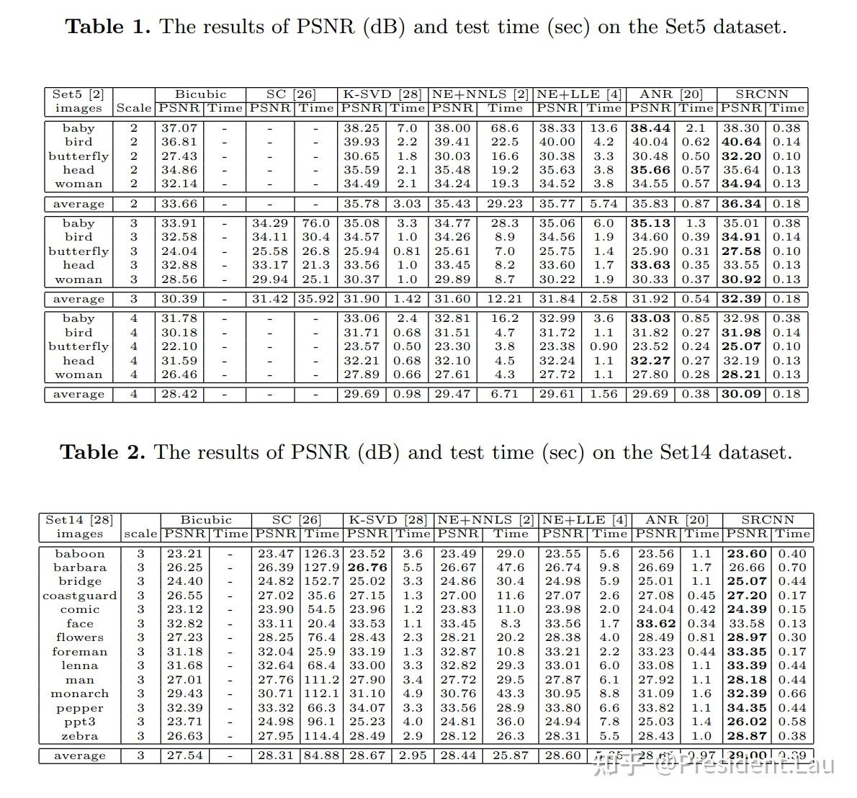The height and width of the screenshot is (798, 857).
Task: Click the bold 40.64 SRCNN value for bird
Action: [741, 142]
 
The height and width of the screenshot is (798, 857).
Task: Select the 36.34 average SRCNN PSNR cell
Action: [741, 204]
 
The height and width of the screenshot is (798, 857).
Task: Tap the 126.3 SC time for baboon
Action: [322, 554]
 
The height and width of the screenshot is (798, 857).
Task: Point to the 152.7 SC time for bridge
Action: [322, 581]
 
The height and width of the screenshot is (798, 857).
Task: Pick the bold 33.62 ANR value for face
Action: [655, 624]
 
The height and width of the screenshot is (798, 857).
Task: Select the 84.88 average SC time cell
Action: [322, 756]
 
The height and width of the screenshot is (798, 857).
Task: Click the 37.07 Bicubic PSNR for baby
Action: [179, 128]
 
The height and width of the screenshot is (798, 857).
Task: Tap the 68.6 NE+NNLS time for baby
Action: [505, 128]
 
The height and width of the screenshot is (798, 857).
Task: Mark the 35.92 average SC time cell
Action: [315, 299]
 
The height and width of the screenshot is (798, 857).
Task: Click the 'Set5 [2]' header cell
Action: [78, 94]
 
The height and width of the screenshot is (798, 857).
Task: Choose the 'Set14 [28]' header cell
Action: [79, 520]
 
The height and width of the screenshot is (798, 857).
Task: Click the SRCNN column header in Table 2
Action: [768, 520]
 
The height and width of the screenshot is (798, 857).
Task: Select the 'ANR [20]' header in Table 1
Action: [671, 94]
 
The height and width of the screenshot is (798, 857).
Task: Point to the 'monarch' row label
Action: [79, 694]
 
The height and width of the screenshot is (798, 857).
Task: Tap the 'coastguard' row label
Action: [79, 596]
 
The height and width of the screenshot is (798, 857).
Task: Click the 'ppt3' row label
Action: [79, 722]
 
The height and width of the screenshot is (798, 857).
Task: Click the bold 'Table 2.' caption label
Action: [102, 452]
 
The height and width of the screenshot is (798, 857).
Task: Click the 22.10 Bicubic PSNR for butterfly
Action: [179, 346]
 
